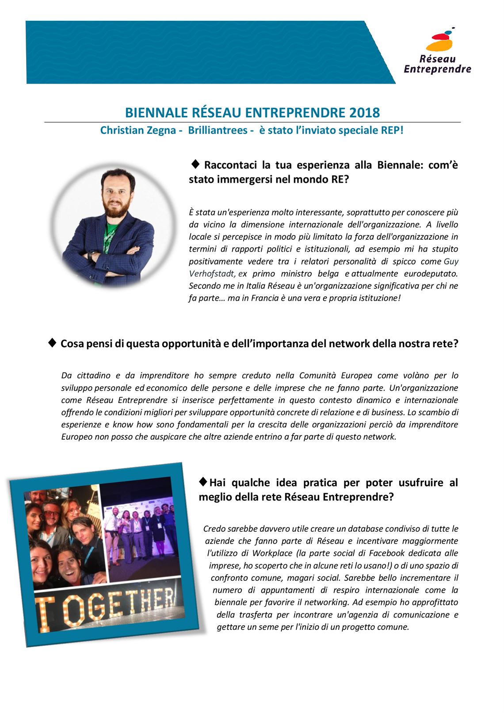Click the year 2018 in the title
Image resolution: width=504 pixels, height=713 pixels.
(364, 112)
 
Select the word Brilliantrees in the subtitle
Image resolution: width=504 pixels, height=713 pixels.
(218, 131)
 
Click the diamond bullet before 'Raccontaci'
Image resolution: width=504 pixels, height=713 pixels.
(195, 164)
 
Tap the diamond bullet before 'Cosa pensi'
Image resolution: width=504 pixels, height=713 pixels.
(52, 342)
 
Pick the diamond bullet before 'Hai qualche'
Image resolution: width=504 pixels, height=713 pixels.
(203, 481)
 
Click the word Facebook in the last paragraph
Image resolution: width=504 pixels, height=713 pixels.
(387, 553)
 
